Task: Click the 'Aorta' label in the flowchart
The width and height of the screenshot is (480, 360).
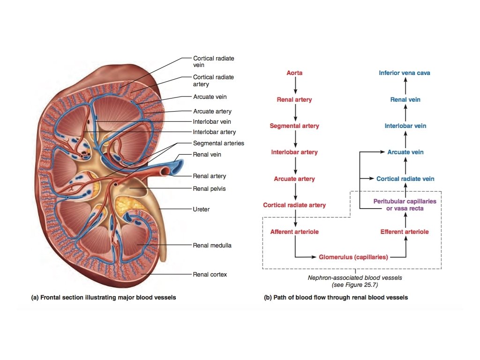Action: point(294,73)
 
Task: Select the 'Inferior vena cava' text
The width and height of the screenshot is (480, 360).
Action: point(405,73)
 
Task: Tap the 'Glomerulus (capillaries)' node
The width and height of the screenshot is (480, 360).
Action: point(353,257)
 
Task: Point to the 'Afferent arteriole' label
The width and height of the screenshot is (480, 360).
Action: point(294,232)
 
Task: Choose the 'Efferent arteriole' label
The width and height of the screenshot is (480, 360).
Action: point(405,232)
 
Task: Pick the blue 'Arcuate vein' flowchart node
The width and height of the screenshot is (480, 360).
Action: point(405,152)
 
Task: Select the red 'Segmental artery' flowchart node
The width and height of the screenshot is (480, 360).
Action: point(294,126)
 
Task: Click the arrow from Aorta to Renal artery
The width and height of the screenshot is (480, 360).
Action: point(295,86)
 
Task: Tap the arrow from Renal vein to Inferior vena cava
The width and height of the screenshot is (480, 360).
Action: point(405,86)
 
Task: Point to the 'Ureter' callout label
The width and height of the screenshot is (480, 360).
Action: point(201,210)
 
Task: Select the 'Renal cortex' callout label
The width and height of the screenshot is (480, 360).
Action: point(210,274)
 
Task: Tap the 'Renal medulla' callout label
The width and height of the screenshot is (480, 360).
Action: point(212,245)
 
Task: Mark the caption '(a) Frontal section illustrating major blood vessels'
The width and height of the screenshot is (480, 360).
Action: point(103,297)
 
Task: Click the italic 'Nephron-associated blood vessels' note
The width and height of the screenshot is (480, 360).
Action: point(354,277)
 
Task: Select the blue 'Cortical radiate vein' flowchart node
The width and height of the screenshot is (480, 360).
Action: point(405,179)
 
